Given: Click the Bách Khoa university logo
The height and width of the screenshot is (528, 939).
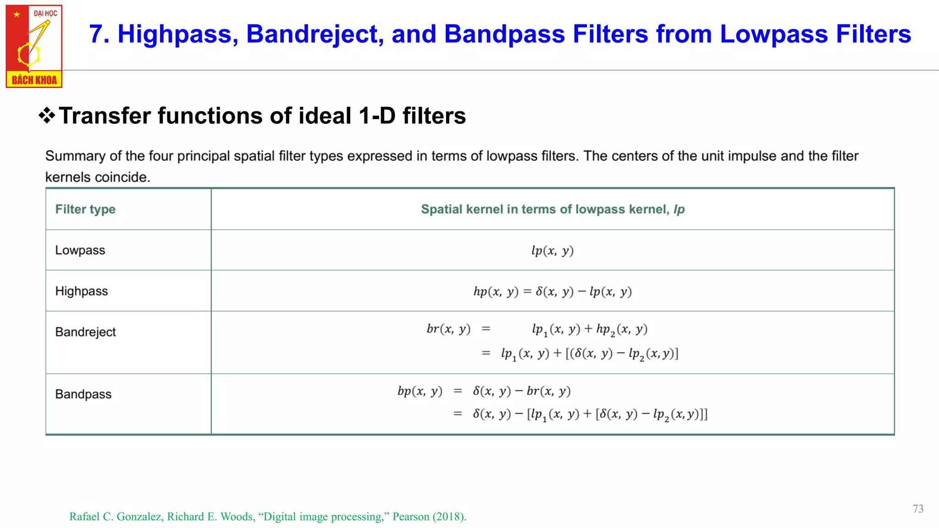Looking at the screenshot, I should click(x=34, y=46).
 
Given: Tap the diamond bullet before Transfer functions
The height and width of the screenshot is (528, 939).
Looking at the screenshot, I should click(x=47, y=115).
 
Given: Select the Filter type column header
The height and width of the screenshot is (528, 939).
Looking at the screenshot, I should click(x=85, y=209).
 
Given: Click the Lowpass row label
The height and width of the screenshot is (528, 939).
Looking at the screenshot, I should click(x=80, y=250).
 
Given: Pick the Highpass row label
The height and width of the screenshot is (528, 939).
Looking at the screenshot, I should click(x=82, y=291).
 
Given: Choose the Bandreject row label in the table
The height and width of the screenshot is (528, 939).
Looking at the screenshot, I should click(x=86, y=332).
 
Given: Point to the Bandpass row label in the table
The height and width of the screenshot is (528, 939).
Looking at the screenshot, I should click(x=83, y=394).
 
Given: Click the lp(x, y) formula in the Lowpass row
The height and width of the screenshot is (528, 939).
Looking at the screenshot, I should click(x=552, y=251).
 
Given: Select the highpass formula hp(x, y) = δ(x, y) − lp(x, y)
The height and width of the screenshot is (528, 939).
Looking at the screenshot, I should click(x=552, y=291).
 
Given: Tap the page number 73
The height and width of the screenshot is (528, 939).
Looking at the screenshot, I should click(x=918, y=509).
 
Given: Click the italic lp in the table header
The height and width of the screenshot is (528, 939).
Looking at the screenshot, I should click(x=679, y=209).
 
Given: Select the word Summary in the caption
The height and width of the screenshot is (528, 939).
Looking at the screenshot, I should click(x=75, y=156).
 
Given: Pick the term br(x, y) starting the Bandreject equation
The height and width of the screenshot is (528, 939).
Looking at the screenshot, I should click(x=448, y=329).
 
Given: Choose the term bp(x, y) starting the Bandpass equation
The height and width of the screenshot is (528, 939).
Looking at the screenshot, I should click(x=420, y=391).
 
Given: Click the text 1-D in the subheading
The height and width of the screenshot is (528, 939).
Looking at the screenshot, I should click(x=377, y=115).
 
